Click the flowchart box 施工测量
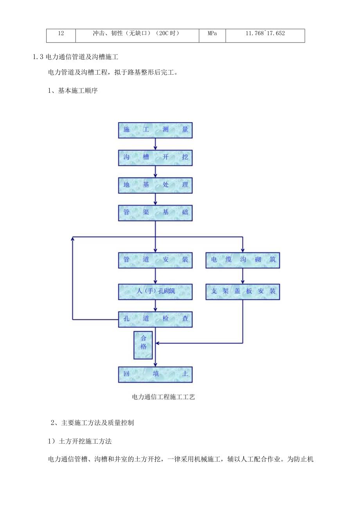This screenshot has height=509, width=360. [x=155, y=130]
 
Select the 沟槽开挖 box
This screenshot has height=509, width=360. [x=155, y=157]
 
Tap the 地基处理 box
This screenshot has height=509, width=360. [x=155, y=185]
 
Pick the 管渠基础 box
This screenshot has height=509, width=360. [x=155, y=212]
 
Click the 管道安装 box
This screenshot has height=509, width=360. [x=155, y=260]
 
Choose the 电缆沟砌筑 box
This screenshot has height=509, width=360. [x=243, y=260]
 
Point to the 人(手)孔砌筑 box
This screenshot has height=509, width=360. [x=155, y=291]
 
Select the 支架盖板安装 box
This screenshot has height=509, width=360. [x=243, y=291]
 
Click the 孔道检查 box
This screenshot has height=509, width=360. [x=155, y=319]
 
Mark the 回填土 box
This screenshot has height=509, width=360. [x=155, y=374]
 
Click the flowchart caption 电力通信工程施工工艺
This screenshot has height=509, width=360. [x=164, y=397]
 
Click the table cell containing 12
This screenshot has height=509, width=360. [x=61, y=34]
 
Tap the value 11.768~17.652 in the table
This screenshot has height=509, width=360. [x=265, y=34]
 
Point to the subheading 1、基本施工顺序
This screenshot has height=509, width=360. [x=72, y=91]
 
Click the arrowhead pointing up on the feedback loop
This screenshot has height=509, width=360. [x=73, y=239]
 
